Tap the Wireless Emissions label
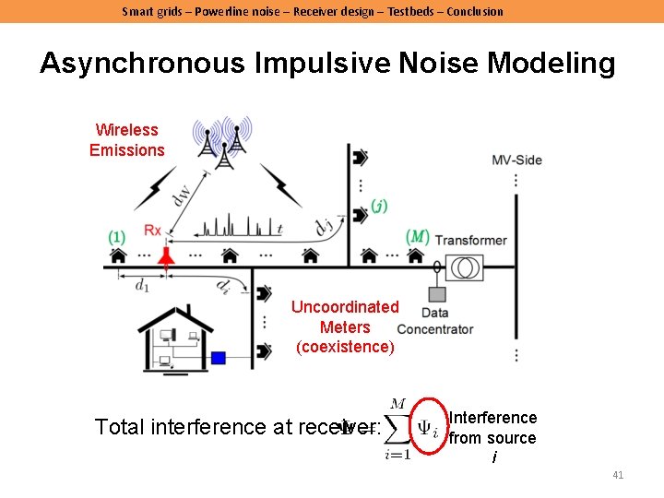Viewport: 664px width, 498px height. click(x=127, y=140)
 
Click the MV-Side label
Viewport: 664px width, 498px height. click(x=516, y=160)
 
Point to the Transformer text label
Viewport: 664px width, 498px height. click(x=471, y=240)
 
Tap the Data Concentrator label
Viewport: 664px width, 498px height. click(x=435, y=322)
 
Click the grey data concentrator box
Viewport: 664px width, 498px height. click(x=434, y=294)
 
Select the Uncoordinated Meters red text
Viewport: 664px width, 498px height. click(x=345, y=326)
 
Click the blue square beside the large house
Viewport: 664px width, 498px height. click(x=219, y=358)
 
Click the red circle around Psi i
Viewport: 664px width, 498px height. click(x=427, y=426)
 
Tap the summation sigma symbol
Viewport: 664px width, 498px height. click(x=397, y=428)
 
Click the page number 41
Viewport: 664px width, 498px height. click(x=618, y=475)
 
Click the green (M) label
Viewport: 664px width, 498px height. click(x=418, y=237)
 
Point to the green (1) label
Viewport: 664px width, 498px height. click(x=116, y=237)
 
